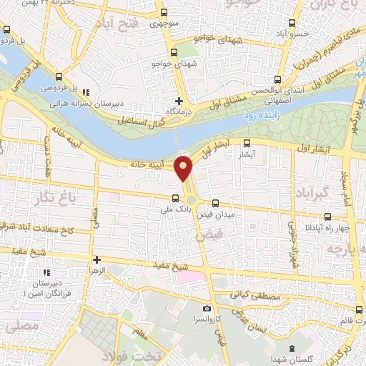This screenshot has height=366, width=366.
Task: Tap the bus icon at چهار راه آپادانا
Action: pos(328,217)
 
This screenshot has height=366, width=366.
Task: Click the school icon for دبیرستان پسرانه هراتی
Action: pos(86,91)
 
